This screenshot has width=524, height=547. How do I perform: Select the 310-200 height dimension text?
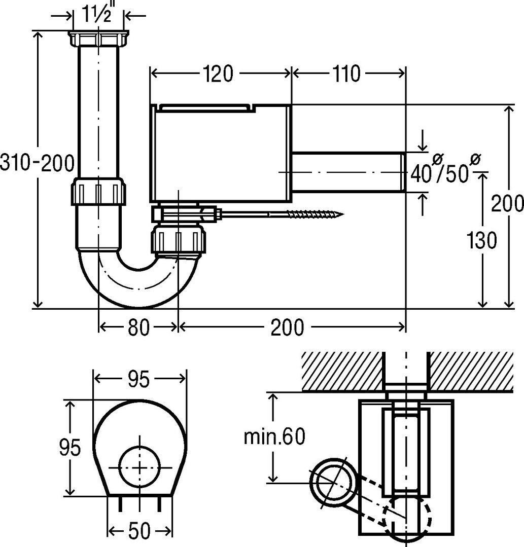38,163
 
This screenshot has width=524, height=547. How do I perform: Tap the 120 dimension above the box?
218,74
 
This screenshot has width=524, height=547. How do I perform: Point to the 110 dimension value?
346,74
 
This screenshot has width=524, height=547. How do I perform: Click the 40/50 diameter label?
446,169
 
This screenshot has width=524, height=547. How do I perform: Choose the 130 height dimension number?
482,240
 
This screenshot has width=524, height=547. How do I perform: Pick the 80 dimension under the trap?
138,327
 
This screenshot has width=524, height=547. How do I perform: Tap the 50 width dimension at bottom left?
139,531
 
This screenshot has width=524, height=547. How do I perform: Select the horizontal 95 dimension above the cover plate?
138,379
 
